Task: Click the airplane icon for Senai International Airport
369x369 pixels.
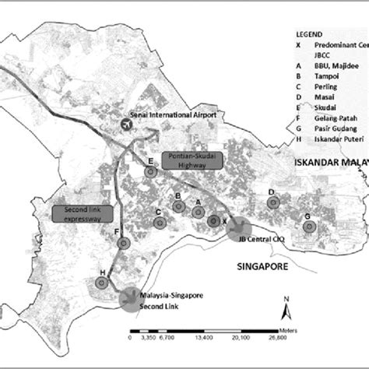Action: click(x=127, y=124)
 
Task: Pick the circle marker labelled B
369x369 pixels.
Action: click(x=178, y=207)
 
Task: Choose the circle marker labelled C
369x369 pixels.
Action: click(x=159, y=223)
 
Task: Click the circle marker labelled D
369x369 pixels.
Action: click(x=272, y=203)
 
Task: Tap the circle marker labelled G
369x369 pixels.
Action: click(x=308, y=227)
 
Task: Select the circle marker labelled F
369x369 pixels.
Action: click(x=122, y=244)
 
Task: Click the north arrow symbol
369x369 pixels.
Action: click(x=287, y=309)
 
